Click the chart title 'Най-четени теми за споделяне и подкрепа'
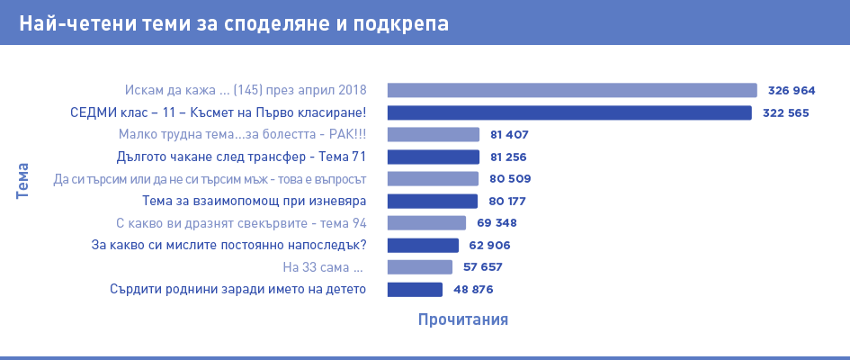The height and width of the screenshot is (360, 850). click(233, 22)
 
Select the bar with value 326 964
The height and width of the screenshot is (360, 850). click(572, 90)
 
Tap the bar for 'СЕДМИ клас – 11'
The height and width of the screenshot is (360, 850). click(569, 112)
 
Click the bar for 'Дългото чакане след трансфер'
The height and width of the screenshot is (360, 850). click(433, 157)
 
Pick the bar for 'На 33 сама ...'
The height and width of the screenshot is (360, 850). click(420, 267)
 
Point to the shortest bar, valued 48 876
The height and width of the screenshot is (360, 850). click(415, 289)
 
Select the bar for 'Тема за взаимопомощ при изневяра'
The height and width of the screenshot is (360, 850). click(433, 201)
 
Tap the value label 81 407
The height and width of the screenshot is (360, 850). click(509, 135)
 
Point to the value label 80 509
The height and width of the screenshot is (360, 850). click(509, 179)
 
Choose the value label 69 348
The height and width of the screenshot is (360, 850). click(497, 223)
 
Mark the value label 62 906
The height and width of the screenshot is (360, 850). click(489, 245)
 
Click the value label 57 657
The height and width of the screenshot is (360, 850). click(483, 267)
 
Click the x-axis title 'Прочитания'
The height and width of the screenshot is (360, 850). click(463, 319)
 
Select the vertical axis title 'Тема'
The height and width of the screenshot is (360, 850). click(22, 180)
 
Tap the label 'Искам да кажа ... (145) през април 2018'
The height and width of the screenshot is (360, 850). click(246, 90)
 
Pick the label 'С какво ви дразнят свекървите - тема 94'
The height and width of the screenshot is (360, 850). click(242, 223)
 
